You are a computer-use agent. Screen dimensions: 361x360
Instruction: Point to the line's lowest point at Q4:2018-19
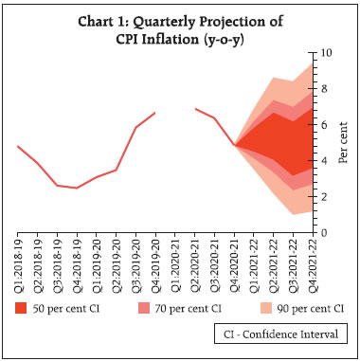[78, 188]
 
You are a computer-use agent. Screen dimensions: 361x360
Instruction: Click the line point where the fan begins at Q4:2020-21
[234, 145]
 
